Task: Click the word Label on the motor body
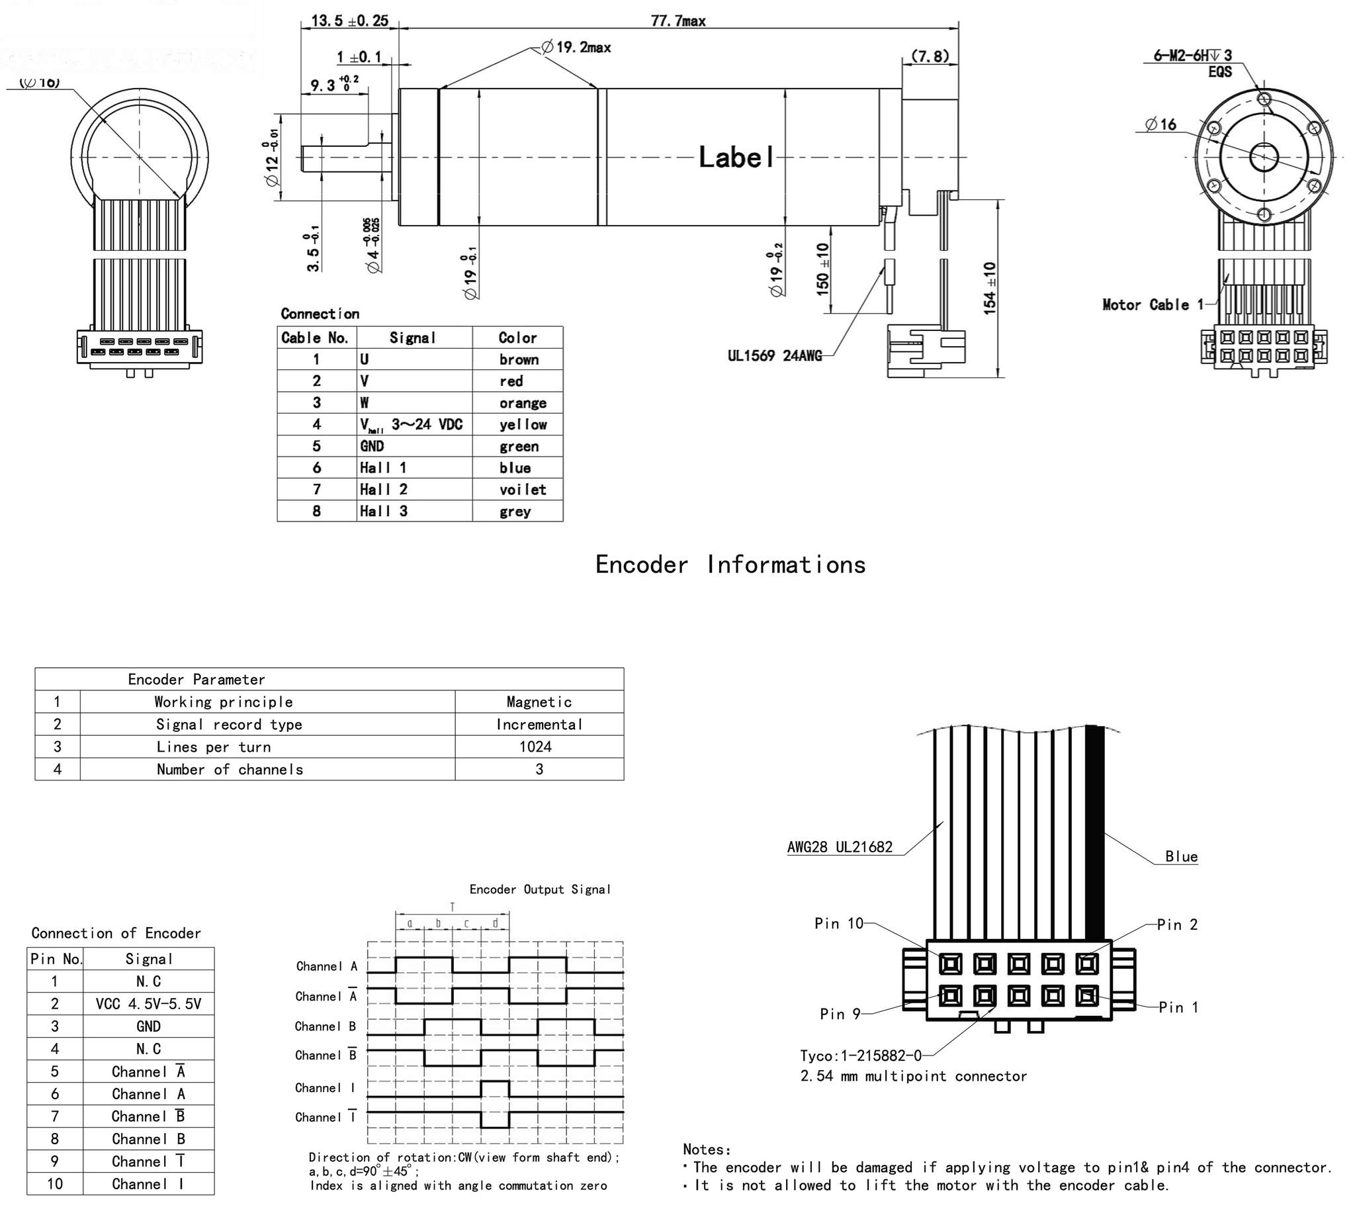pyautogui.click(x=735, y=158)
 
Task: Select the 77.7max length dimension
pyautogui.click(x=678, y=21)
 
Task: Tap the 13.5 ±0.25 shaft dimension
pyautogui.click(x=349, y=21)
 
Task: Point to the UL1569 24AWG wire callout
pyautogui.click(x=775, y=356)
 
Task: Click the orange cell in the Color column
pyautogui.click(x=522, y=403)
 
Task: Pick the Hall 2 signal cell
pyautogui.click(x=384, y=490)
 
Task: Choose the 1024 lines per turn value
pyautogui.click(x=535, y=747)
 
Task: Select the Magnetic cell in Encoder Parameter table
pyautogui.click(x=539, y=702)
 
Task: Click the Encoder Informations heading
pyautogui.click(x=730, y=565)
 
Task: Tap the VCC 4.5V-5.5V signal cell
pyautogui.click(x=148, y=1004)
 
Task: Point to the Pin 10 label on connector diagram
pyautogui.click(x=838, y=923)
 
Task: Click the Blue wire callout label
pyautogui.click(x=1181, y=856)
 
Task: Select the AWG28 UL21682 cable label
pyautogui.click(x=840, y=847)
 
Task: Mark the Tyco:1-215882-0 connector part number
pyautogui.click(x=860, y=1055)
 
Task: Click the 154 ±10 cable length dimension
pyautogui.click(x=989, y=288)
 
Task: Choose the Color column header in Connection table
pyautogui.click(x=517, y=338)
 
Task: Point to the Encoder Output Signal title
pyautogui.click(x=539, y=889)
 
